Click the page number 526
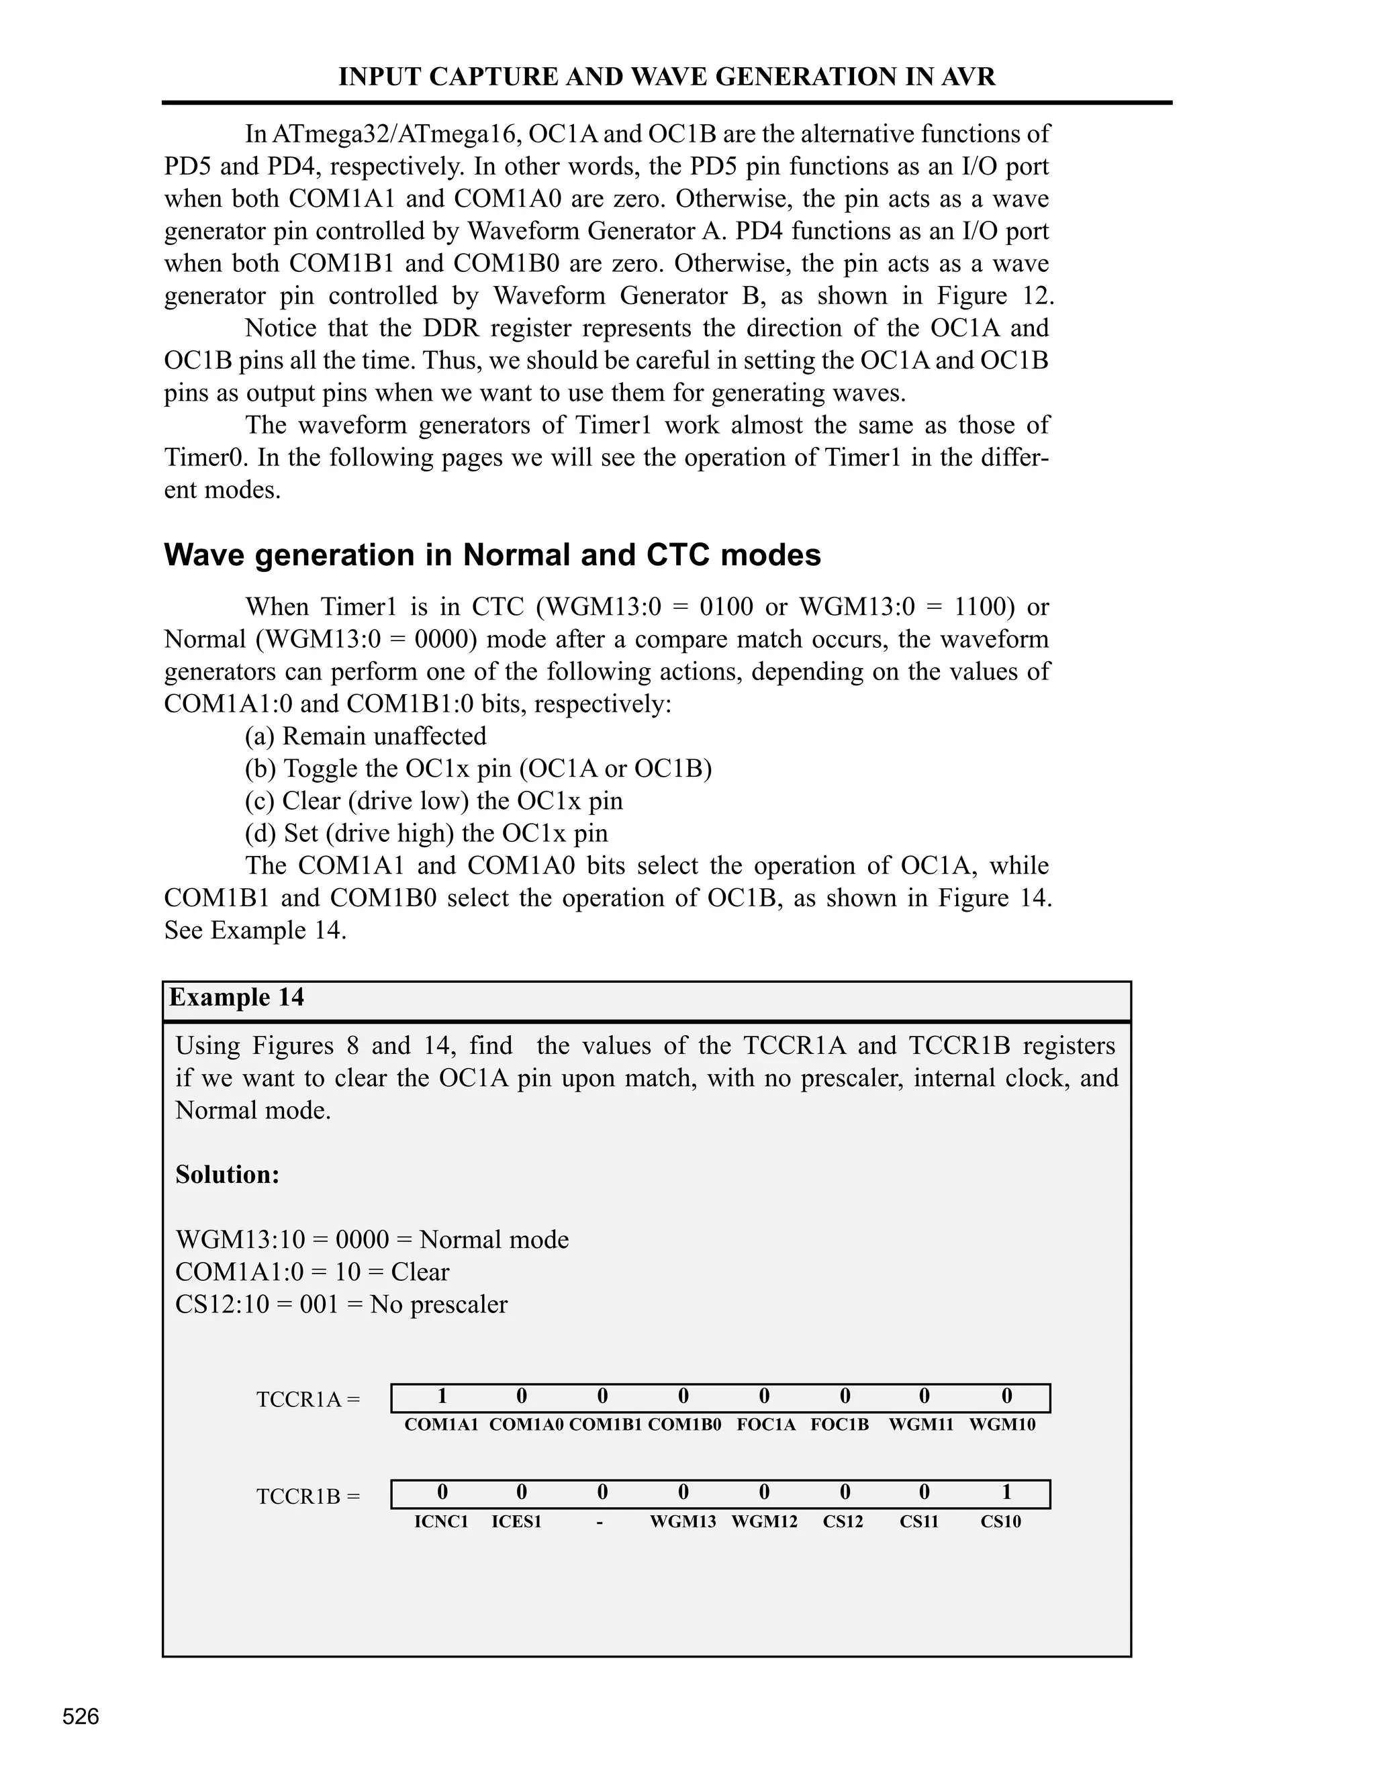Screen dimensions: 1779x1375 (x=81, y=1717)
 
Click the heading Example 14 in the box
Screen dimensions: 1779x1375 (x=236, y=998)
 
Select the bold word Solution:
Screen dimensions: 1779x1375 (x=228, y=1175)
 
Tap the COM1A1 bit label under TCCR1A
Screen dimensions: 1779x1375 (x=442, y=1425)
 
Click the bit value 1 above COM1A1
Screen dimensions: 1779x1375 (x=442, y=1397)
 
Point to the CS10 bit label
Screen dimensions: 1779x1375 (x=1000, y=1522)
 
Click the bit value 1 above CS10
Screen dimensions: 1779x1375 (x=1007, y=1492)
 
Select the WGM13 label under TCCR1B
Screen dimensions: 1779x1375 (x=683, y=1522)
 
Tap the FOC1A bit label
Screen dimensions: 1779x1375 (x=765, y=1425)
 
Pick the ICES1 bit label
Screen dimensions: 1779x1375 (x=516, y=1522)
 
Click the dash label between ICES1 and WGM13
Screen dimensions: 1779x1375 (x=600, y=1522)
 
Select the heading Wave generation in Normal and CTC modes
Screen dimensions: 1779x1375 (x=492, y=556)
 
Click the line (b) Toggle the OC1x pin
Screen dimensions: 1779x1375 (x=478, y=768)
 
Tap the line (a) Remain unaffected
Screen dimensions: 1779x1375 (x=366, y=736)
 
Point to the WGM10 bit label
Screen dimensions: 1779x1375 (x=1002, y=1425)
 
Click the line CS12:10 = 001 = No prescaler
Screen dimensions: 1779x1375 (x=341, y=1304)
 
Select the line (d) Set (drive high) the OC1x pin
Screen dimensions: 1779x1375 (x=426, y=833)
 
